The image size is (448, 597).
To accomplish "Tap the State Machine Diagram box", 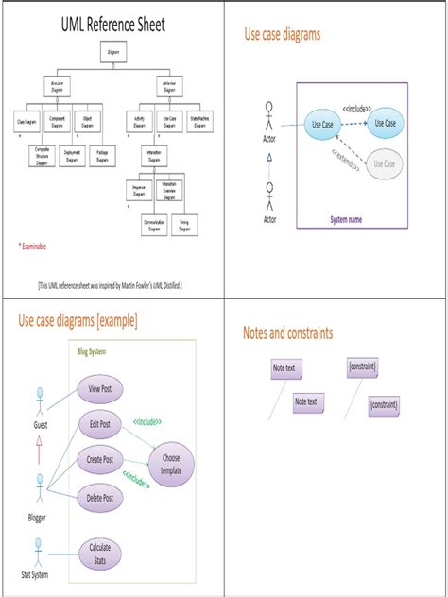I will pos(199,121).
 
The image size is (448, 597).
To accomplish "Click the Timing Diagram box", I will pos(188,224).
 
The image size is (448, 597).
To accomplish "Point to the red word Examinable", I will pos(36,247).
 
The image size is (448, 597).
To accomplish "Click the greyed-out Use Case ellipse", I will pos(384,164).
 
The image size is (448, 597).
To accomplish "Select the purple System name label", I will pos(347,219).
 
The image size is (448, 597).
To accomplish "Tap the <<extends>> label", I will pos(346,150).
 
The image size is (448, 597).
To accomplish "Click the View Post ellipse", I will pos(99,388).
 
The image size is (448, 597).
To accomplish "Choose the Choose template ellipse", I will pos(171,464).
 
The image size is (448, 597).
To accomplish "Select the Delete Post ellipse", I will pos(99,498).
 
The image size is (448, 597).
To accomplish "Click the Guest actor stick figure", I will pos(40,402).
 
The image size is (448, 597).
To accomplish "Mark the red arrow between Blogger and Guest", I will pos(40,453).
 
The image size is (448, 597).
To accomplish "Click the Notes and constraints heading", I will pos(287,333).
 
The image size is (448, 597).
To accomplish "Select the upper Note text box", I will pos(284,367).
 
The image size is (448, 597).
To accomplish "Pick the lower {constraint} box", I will pos(384,405).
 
